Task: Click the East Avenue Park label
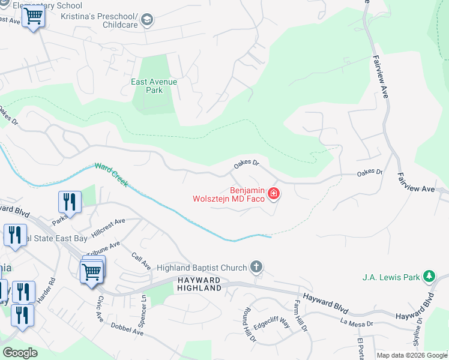pyautogui.click(x=154, y=86)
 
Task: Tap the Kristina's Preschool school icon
pyautogui.click(x=147, y=21)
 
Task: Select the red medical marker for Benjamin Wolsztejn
pyautogui.click(x=274, y=193)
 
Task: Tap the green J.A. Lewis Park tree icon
pyautogui.click(x=429, y=277)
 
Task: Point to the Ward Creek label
pyautogui.click(x=111, y=174)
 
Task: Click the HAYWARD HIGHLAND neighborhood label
pyautogui.click(x=199, y=284)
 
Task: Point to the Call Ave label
pyautogui.click(x=140, y=260)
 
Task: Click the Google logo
pyautogui.click(x=20, y=353)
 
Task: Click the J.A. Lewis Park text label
pyautogui.click(x=391, y=277)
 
